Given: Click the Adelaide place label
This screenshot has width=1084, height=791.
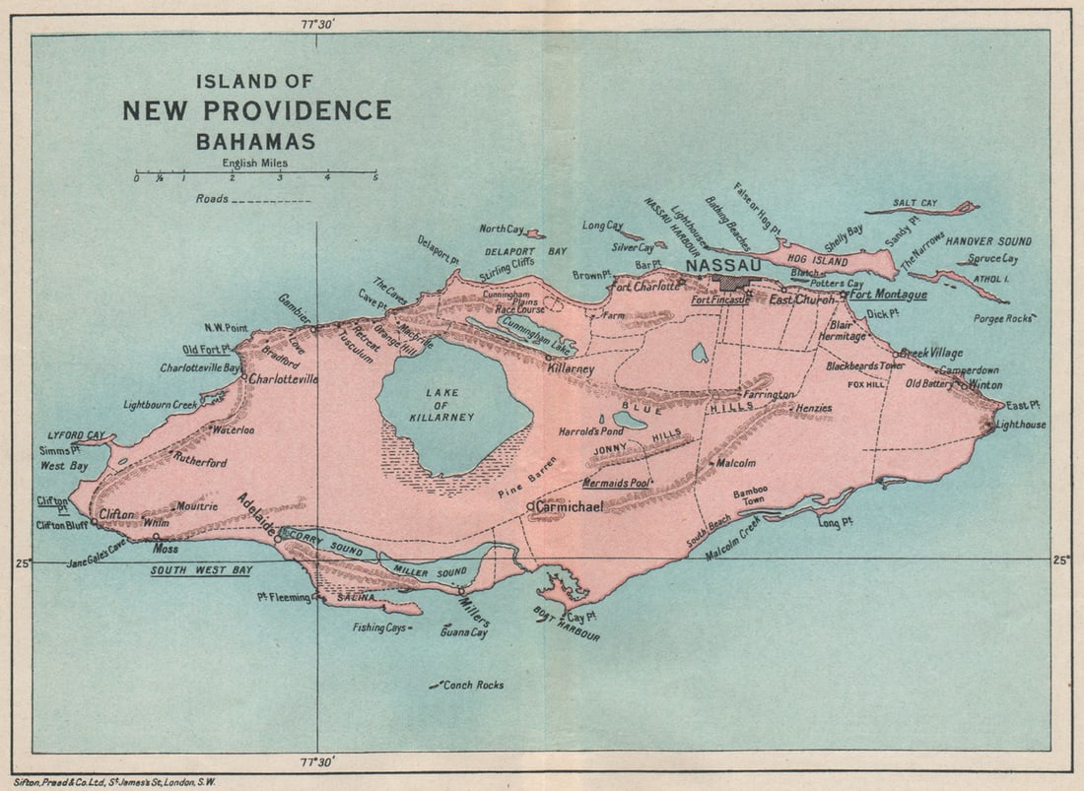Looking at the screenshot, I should pos(256,514).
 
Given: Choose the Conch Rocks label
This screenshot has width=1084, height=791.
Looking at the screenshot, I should pos(472,685).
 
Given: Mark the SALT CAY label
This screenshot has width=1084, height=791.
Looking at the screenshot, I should pos(915,204).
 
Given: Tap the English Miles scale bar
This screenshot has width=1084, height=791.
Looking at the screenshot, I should pos(255,173).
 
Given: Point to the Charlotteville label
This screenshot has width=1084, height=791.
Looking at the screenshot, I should pos(283,378).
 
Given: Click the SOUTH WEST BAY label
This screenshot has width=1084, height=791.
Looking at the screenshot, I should pos(201,570).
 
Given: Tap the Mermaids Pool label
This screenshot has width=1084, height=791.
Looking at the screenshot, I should pos(616,484).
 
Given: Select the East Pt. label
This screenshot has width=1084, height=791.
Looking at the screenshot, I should pos(1023,405).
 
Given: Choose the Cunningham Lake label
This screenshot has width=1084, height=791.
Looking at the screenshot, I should pos(537,336).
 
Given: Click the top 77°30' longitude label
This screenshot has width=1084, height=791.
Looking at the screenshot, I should pos(319,22).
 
